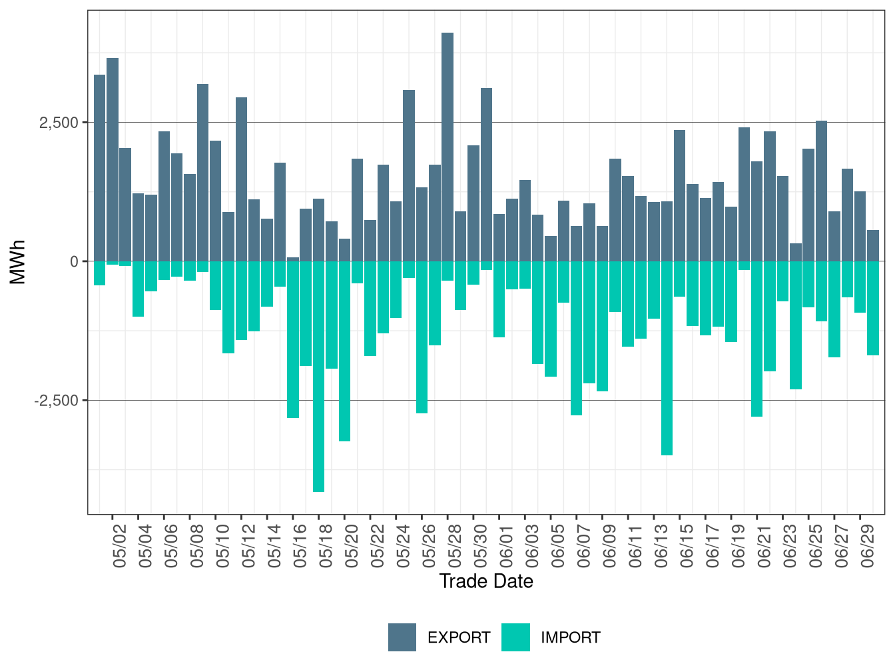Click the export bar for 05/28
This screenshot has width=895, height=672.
[447, 147]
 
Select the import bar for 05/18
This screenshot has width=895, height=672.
[318, 376]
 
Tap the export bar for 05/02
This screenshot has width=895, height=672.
[113, 159]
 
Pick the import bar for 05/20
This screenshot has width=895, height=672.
[344, 351]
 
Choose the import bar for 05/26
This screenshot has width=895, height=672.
[422, 337]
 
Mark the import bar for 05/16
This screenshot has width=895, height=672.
[293, 339]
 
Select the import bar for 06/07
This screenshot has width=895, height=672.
[577, 338]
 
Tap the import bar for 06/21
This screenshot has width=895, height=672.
[757, 339]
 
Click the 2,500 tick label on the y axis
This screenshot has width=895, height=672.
[59, 123]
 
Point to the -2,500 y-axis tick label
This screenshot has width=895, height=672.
[56, 401]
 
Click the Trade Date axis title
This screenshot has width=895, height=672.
[486, 581]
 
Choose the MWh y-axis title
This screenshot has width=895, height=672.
[18, 261]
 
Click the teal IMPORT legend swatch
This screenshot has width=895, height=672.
[515, 637]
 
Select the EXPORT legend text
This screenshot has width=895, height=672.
[459, 638]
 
